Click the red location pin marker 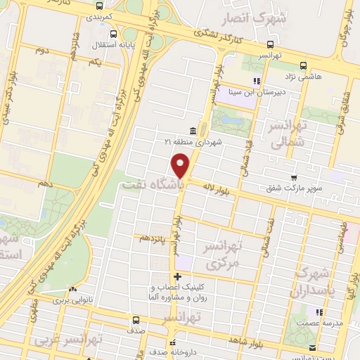181,164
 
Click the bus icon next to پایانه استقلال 113,34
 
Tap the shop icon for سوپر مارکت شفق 292,177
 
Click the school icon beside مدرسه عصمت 318,312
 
